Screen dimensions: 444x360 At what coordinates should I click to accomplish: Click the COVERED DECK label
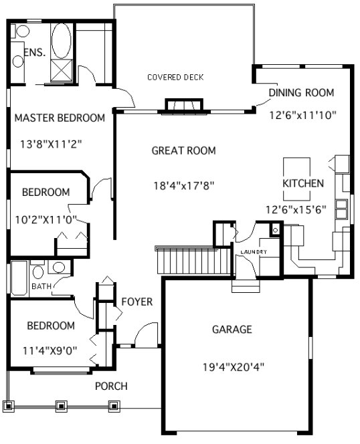point(175,78)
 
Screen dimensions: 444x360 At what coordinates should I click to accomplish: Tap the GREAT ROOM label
point(183,151)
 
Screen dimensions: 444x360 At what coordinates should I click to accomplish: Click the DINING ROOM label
point(301,93)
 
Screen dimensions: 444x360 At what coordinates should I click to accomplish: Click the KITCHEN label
point(303,183)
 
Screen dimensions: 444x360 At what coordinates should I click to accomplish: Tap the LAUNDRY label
point(254,251)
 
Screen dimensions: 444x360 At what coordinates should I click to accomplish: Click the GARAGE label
point(232,330)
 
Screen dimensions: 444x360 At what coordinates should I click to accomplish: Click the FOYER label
point(137,302)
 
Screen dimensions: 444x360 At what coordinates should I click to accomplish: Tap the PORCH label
point(111,386)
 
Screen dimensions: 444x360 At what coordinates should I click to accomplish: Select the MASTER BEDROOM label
point(60,118)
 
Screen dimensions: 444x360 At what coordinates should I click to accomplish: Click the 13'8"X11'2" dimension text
point(52,143)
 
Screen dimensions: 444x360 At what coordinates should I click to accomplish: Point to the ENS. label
point(34,53)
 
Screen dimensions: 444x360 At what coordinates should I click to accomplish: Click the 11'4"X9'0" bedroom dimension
point(51,349)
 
